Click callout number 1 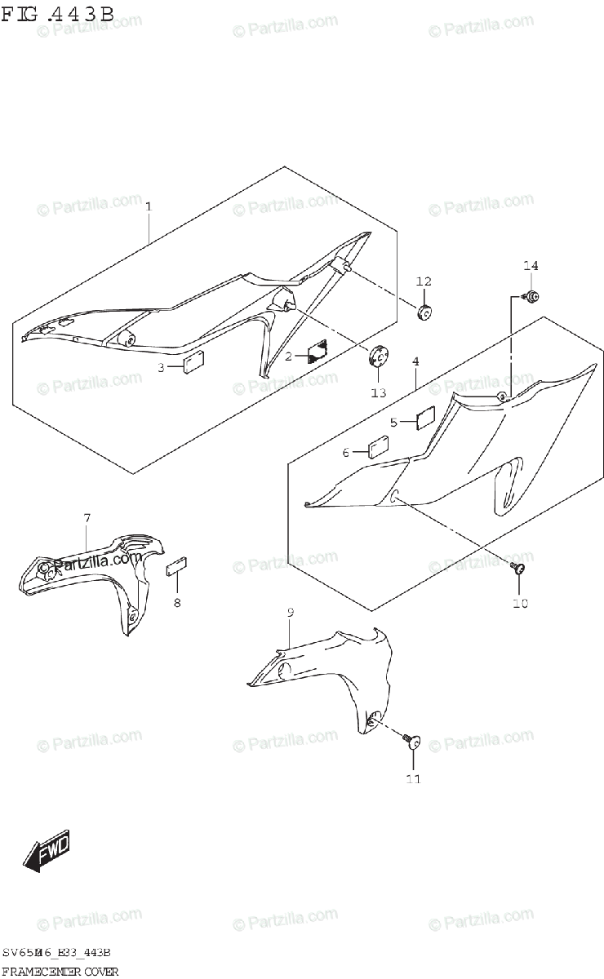148,207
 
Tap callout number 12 423,281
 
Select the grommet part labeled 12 424,312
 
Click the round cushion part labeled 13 378,356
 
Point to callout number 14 531,266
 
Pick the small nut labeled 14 531,297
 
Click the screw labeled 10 517,569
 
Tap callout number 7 87,518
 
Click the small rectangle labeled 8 178,567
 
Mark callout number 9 290,612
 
